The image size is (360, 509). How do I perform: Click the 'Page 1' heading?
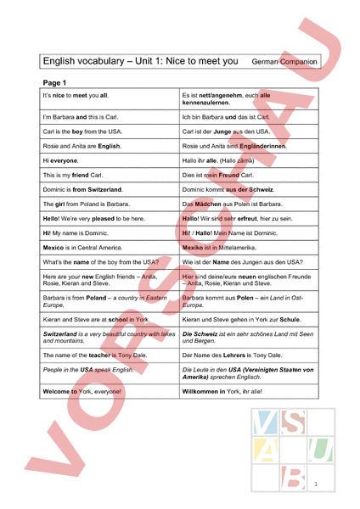(53, 82)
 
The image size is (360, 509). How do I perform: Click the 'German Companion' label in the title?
(284, 62)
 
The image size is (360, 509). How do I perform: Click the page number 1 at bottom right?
(315, 484)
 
